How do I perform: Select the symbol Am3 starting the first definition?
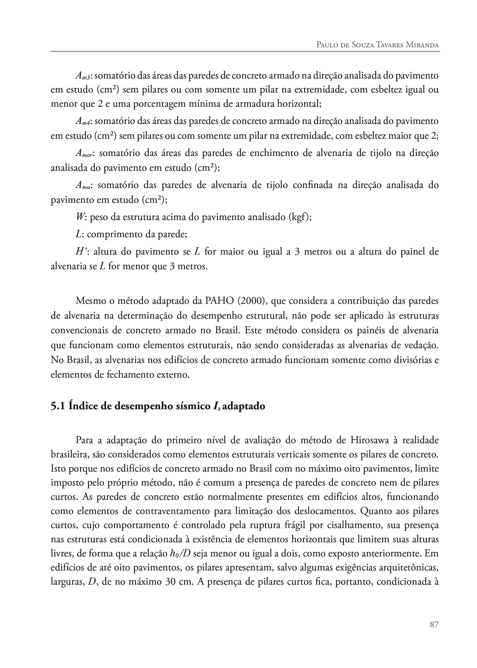[84, 76]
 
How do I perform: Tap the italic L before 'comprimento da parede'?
[78, 235]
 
